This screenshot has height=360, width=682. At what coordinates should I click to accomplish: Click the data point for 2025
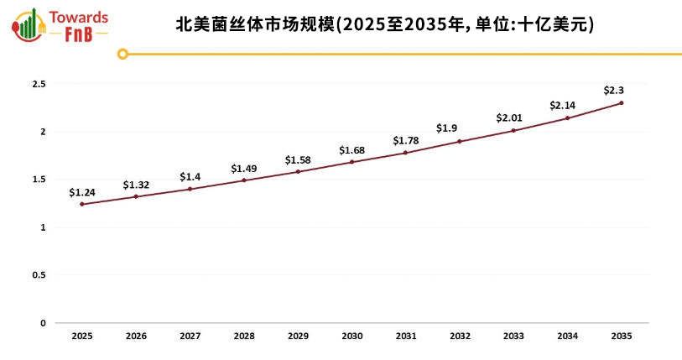click(82, 204)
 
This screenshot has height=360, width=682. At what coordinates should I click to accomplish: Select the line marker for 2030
click(351, 162)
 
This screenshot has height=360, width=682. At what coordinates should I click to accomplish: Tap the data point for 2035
click(621, 103)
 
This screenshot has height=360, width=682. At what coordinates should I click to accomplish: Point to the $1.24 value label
click(82, 192)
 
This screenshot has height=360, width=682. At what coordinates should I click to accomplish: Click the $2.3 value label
click(614, 90)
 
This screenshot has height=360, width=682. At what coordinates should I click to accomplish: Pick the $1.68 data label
click(351, 150)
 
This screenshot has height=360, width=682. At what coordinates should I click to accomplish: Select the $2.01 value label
click(509, 117)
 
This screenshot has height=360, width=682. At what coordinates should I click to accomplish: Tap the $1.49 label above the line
click(244, 169)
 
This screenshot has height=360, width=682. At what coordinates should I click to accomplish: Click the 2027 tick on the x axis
click(190, 336)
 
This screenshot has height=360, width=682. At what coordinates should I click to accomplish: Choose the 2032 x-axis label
click(460, 336)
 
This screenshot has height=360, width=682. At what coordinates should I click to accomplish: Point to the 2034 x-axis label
click(567, 336)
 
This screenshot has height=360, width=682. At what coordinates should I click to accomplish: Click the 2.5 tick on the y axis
click(39, 84)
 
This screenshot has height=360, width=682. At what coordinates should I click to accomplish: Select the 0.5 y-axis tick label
click(39, 275)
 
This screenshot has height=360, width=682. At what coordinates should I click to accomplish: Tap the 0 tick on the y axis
click(43, 323)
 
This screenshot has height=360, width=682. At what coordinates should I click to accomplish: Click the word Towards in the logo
click(79, 17)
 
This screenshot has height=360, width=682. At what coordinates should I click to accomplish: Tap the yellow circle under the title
click(122, 54)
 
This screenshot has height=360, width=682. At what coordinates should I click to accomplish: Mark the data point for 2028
click(244, 180)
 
